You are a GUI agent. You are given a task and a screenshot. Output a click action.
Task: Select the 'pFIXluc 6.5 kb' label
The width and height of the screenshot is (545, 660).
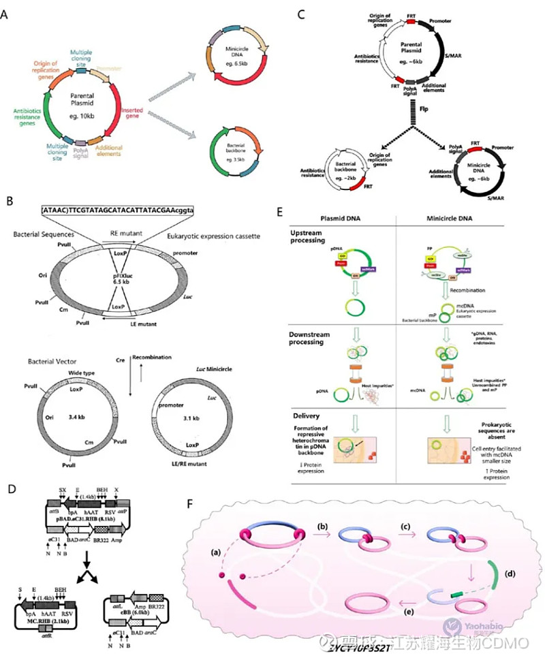click(x=139, y=276)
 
